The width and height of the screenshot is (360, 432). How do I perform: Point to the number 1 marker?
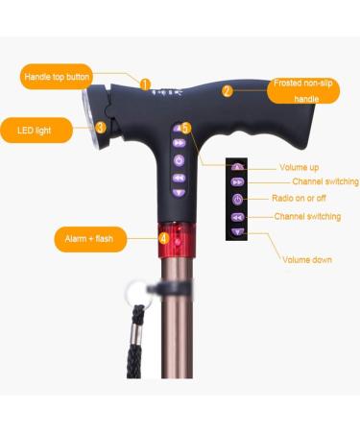[x=145, y=84]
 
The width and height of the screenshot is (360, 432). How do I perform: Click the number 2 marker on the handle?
[x=228, y=92]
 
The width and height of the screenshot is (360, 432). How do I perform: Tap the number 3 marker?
[x=101, y=126]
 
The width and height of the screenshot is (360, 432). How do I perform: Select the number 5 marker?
[x=185, y=127]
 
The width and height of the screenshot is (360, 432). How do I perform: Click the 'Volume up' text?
[x=300, y=167]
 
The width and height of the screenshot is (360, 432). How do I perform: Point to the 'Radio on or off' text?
[x=300, y=199]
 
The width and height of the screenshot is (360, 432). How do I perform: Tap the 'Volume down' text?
[x=307, y=259]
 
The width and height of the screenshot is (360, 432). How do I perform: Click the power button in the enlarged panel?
[x=238, y=199]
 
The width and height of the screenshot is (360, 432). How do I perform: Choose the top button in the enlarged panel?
[x=238, y=167]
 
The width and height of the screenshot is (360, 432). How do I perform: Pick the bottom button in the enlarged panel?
[x=238, y=232]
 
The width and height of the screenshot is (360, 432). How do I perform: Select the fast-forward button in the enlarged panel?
[x=238, y=181]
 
